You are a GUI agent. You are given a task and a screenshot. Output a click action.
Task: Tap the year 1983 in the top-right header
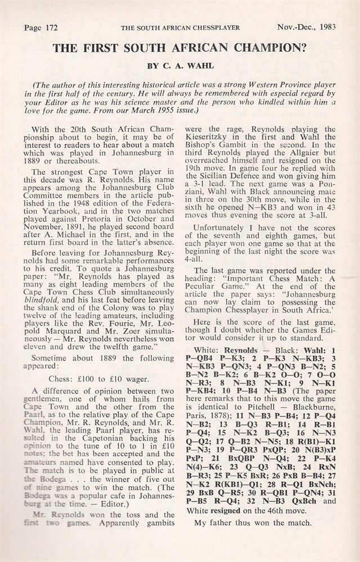pos(326,27)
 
